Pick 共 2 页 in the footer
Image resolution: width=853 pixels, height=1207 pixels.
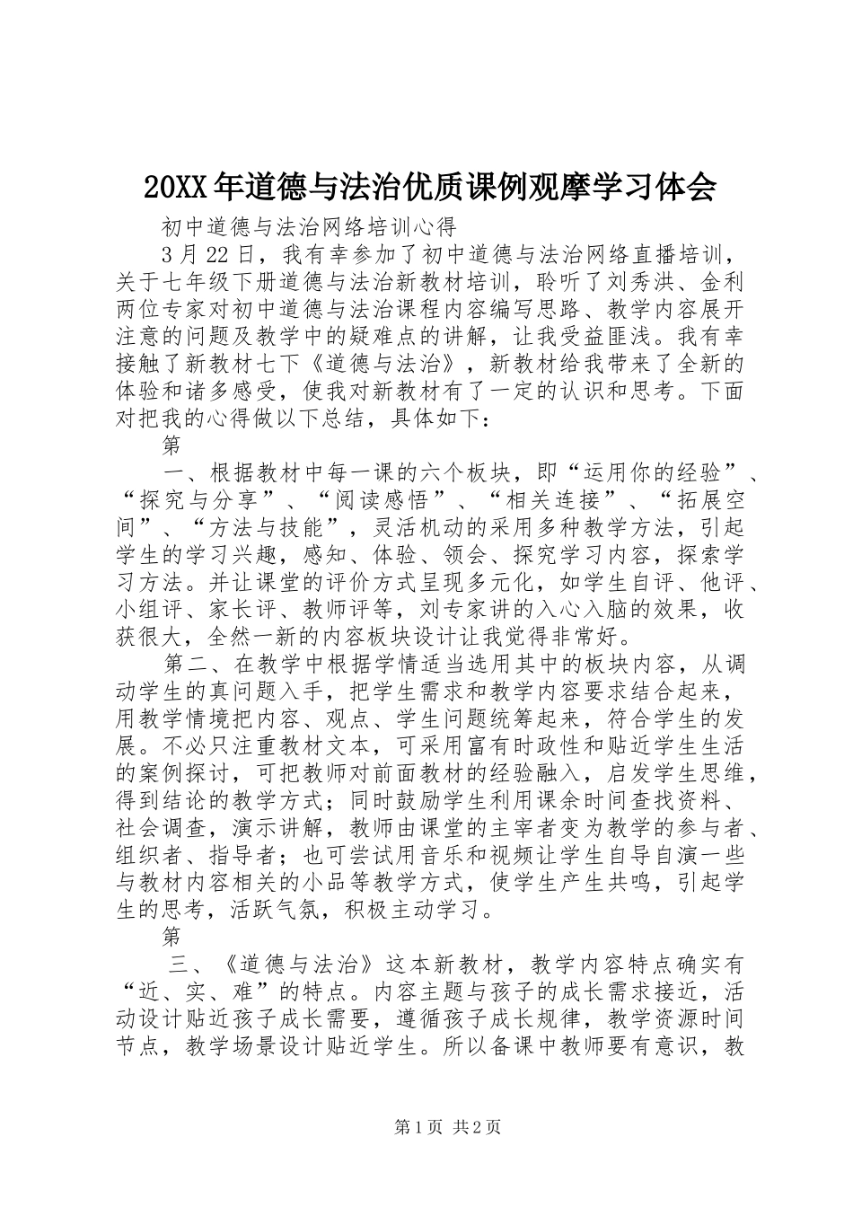(x=477, y=1126)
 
